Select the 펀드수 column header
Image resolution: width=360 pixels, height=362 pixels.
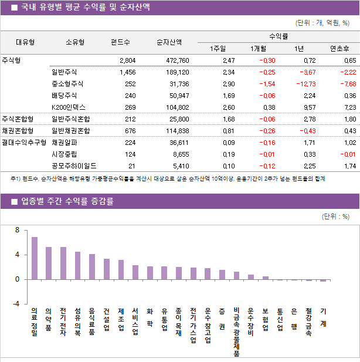(121, 42)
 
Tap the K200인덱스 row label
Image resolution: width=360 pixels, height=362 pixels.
(68, 107)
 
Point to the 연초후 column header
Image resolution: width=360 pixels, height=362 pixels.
(339, 48)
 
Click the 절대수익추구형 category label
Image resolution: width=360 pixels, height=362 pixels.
(23, 142)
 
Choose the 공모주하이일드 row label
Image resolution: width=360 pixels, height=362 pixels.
(74, 165)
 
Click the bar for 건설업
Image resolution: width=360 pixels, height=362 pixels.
(107, 269)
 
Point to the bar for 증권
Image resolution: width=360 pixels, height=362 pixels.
(222, 275)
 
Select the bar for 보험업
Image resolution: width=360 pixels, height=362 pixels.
(266, 278)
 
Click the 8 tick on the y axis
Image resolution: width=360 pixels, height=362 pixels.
(17, 230)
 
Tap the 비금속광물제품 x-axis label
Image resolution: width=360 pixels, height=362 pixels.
(236, 331)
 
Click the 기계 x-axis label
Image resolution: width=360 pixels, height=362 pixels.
(324, 317)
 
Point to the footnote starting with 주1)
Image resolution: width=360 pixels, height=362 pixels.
(167, 178)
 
